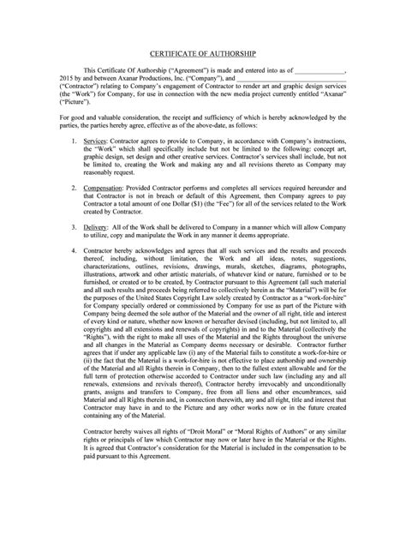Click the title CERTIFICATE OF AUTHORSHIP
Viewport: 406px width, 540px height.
click(x=203, y=52)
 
